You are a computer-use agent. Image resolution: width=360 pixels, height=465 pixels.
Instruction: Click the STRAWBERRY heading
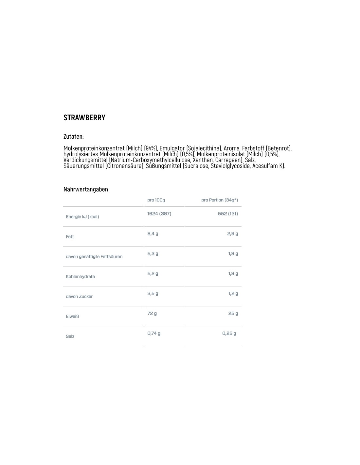tap(84, 118)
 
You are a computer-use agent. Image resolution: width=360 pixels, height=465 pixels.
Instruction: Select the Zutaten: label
tap(73, 136)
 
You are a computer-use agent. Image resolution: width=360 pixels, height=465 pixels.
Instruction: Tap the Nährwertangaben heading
tap(85, 189)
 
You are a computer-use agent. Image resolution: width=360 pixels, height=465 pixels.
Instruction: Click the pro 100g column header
tap(156, 200)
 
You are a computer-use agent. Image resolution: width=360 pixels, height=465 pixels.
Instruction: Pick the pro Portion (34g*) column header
tap(219, 200)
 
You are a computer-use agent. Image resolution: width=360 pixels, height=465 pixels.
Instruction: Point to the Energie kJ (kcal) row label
tap(82, 217)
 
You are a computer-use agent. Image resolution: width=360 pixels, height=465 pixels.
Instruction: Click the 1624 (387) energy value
tap(159, 214)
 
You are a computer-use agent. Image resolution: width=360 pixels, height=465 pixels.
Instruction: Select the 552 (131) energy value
tap(228, 214)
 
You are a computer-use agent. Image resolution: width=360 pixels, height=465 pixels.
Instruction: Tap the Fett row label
tap(70, 237)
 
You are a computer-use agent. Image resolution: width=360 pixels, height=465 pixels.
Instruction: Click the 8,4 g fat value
tap(153, 234)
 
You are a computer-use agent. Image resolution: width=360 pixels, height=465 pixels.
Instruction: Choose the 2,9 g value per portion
tap(232, 234)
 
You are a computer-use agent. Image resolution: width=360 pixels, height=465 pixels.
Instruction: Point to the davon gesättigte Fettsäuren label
tap(94, 257)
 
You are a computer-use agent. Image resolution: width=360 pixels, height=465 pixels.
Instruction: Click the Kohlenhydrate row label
tap(80, 277)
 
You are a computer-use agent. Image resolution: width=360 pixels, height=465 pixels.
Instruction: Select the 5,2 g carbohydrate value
tap(153, 274)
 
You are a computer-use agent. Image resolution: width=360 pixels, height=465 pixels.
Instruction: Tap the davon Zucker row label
tap(79, 297)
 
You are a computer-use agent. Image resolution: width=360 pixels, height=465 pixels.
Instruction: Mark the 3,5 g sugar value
tap(153, 294)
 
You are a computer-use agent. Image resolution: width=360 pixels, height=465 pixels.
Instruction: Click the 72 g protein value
tap(152, 314)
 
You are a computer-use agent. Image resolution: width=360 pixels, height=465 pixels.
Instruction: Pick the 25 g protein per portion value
tap(233, 314)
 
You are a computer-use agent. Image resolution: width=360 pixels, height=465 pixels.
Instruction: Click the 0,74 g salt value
tap(154, 334)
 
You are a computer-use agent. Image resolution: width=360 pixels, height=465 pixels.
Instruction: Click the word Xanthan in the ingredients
tap(202, 160)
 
